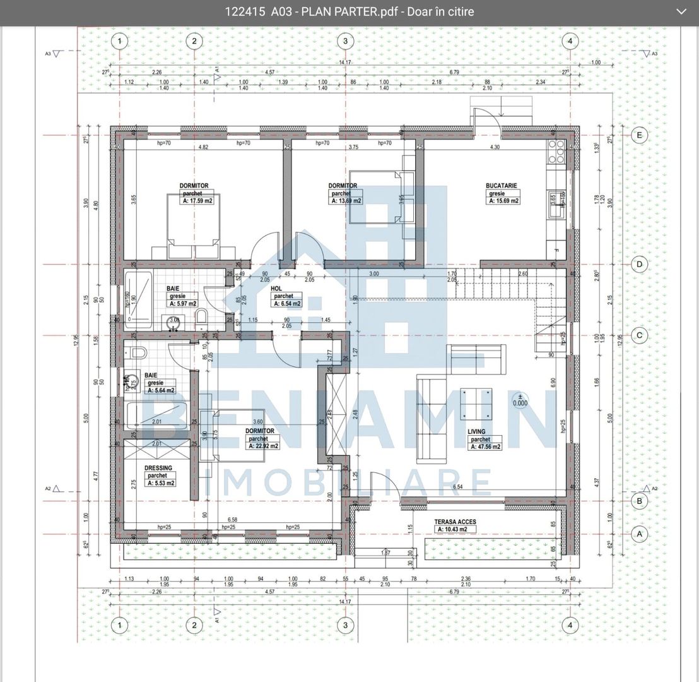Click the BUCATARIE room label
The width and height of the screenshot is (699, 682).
(502, 186)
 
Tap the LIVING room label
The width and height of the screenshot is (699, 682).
(476, 431)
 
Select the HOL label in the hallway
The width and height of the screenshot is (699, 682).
(276, 288)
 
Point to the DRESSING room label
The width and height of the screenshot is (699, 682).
(158, 468)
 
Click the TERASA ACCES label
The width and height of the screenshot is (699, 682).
(455, 522)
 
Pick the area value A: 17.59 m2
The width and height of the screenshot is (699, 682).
(197, 201)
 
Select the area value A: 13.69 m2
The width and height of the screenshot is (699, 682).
(346, 201)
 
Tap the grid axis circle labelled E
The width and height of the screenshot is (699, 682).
(639, 135)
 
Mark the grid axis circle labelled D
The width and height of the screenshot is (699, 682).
(639, 264)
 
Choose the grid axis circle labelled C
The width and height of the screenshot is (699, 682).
(639, 335)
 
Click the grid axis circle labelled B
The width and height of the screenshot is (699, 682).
(639, 501)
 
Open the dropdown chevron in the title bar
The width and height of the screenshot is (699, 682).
(681, 11)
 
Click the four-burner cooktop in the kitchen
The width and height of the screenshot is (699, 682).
(556, 151)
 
